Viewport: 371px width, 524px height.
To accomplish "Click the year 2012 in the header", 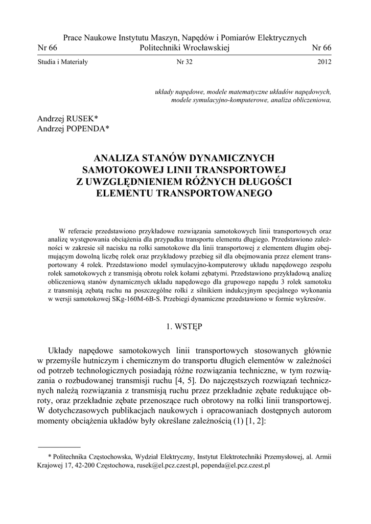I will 324,62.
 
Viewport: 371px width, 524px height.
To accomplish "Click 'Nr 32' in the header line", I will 184,62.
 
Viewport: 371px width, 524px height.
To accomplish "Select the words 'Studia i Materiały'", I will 63,62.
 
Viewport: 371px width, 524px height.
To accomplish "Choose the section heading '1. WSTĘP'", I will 185,326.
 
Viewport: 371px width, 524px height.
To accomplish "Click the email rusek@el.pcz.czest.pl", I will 165,466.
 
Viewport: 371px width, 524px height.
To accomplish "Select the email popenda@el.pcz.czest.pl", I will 236,466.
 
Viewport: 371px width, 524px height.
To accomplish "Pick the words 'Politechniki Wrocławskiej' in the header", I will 184,47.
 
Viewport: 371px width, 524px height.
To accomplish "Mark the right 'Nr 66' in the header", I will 321,47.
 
